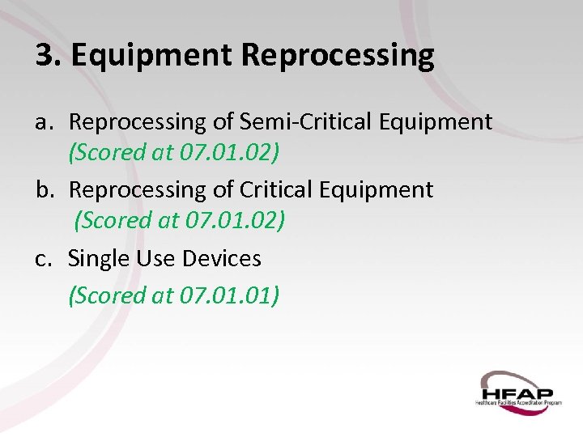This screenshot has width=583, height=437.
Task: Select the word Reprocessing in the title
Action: (338, 57)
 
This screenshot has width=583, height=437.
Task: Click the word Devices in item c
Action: (222, 259)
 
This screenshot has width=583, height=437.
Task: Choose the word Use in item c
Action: (155, 259)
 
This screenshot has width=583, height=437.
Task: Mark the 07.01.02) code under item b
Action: (235, 220)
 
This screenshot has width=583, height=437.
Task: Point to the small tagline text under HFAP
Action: (517, 401)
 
